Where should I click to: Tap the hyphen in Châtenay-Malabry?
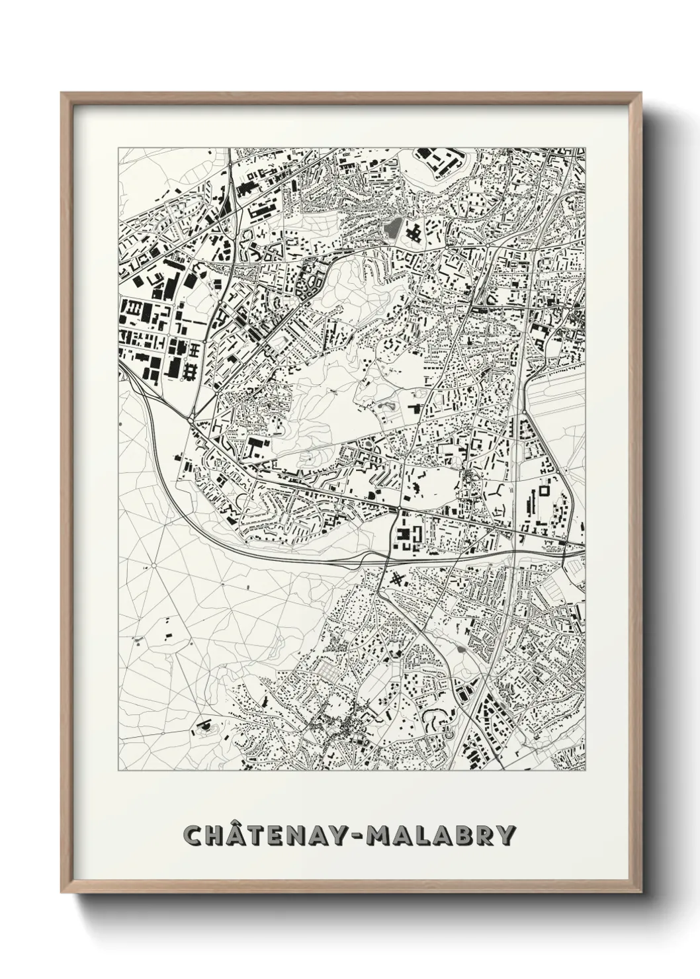[357, 836]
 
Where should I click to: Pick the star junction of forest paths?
[153, 566]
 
